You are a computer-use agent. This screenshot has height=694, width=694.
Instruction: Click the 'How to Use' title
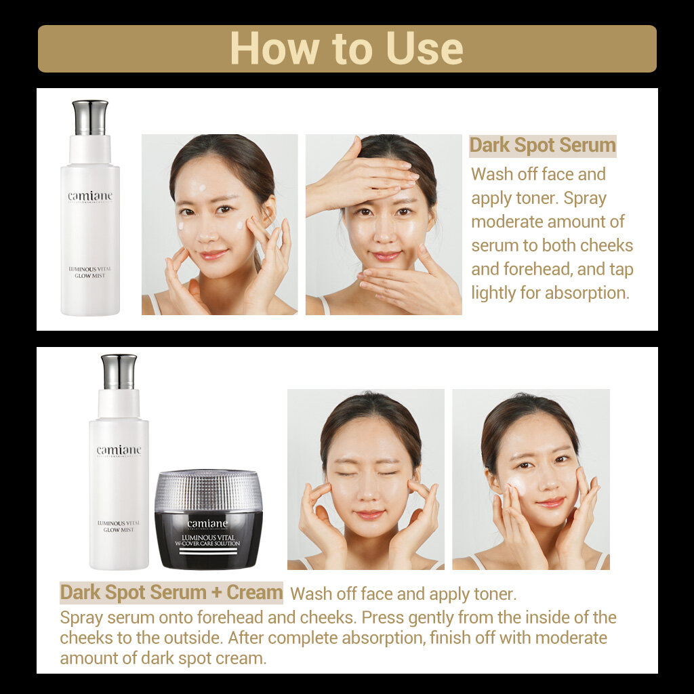346,48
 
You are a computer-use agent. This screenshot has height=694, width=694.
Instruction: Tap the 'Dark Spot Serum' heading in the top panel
542,145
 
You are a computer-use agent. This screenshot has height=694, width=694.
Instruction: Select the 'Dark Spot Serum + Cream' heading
171,592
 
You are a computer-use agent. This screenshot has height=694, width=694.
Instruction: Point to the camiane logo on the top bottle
90,197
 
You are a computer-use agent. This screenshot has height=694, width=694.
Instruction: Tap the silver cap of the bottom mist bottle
119,371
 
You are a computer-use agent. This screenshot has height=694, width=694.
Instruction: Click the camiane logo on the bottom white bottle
119,451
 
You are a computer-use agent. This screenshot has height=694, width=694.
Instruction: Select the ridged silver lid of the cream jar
208,491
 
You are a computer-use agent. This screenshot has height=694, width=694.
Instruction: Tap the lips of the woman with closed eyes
370,514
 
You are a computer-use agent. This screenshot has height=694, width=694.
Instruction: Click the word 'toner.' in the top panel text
497,198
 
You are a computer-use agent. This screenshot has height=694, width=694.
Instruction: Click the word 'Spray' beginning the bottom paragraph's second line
79,617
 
